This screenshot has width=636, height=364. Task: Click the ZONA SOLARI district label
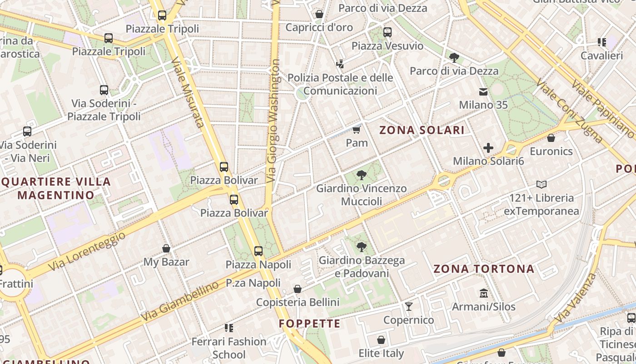click(x=422, y=130)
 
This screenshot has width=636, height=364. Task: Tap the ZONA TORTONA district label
click(x=484, y=269)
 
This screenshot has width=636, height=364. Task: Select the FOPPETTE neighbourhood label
click(x=309, y=324)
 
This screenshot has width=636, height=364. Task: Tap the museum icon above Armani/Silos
click(x=483, y=293)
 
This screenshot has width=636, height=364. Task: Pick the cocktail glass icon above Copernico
click(x=409, y=307)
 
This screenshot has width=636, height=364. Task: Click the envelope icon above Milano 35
click(x=483, y=92)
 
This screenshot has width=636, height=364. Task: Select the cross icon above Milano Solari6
click(x=488, y=148)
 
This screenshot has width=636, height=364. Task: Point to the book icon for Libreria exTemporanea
click(x=542, y=185)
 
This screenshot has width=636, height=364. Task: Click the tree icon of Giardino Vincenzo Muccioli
click(x=362, y=175)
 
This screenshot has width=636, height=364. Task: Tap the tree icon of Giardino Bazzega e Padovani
click(x=362, y=247)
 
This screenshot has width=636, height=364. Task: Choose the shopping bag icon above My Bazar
click(x=166, y=249)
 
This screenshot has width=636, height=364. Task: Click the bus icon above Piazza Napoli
click(x=258, y=251)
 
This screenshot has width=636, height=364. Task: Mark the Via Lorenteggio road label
click(x=86, y=251)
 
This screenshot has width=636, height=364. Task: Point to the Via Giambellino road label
click(x=180, y=301)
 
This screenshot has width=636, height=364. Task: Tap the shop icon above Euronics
click(x=551, y=138)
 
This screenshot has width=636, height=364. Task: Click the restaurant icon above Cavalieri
click(x=602, y=43)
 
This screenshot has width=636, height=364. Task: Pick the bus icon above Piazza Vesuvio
click(x=387, y=32)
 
